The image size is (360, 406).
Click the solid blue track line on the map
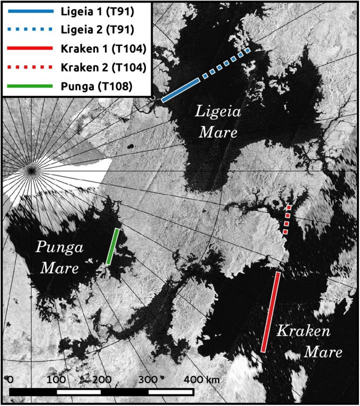(x=180, y=90)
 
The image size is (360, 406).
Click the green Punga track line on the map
(x=112, y=246)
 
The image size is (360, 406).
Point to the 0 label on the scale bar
(x=10, y=380)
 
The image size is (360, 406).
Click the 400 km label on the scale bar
(x=202, y=380)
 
